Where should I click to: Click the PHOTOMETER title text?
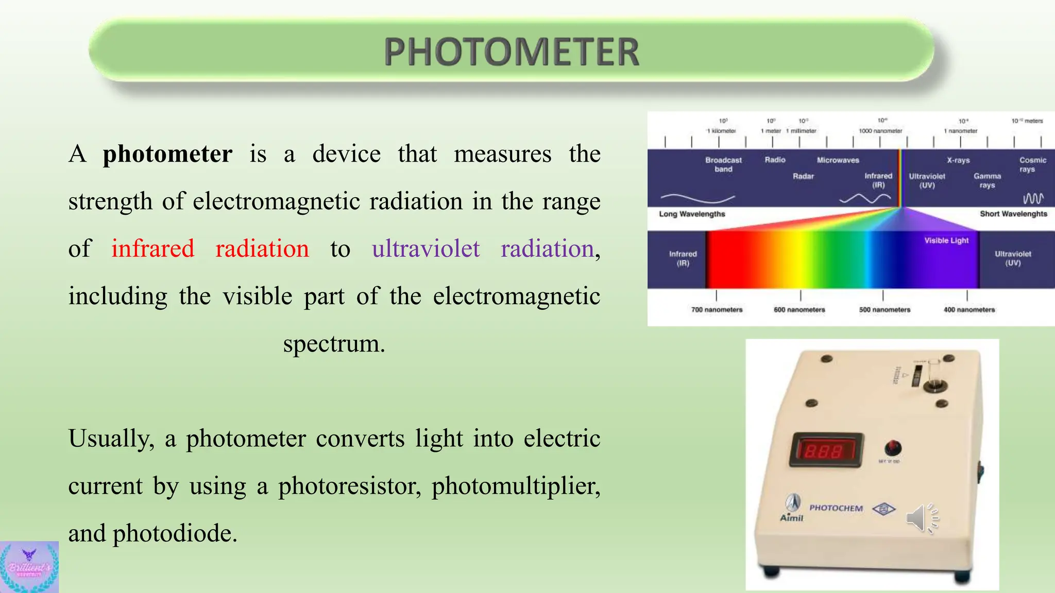[512, 52]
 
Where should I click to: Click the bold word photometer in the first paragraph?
[167, 154]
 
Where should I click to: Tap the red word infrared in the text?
[153, 249]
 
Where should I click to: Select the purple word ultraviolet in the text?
[426, 249]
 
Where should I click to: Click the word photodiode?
[175, 533]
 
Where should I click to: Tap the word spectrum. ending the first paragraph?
[334, 344]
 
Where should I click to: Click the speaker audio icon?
[922, 518]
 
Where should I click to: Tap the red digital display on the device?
[826, 450]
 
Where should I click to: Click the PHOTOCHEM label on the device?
[836, 508]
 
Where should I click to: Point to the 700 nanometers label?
[717, 310]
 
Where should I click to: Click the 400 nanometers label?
[969, 310]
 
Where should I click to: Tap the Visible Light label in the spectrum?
[946, 240]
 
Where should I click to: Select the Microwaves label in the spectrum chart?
[838, 160]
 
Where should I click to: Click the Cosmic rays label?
[1032, 165]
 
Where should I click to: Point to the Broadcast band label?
[723, 165]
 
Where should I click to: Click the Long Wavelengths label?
[692, 214]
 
